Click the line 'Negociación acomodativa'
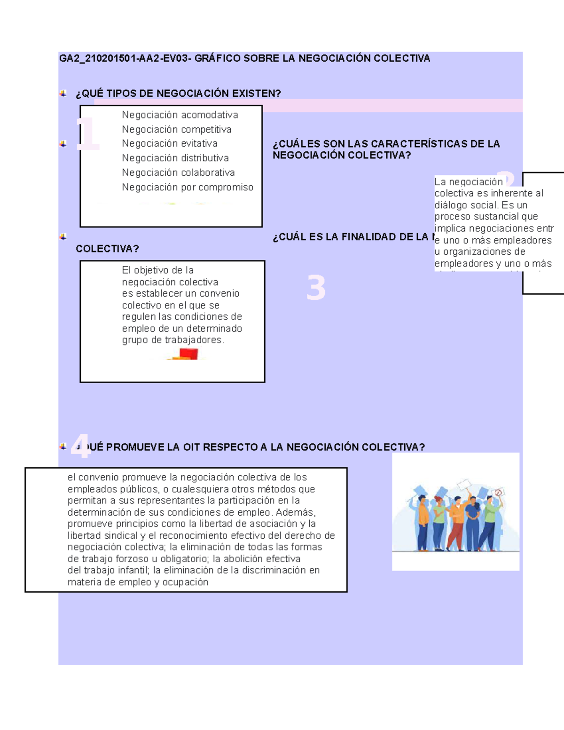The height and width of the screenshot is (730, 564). (180, 115)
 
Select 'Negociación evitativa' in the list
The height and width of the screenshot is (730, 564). (169, 143)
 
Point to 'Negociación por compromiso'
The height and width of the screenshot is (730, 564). (187, 187)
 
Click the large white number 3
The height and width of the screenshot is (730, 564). (316, 288)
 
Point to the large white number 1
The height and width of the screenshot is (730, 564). (88, 134)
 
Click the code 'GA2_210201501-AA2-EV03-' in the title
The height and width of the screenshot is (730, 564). (125, 58)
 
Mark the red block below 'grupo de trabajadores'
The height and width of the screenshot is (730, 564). (188, 353)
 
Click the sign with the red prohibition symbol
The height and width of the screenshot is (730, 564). (498, 493)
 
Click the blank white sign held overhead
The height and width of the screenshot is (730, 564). (464, 484)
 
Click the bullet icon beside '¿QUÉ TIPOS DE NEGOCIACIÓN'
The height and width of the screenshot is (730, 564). (63, 94)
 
